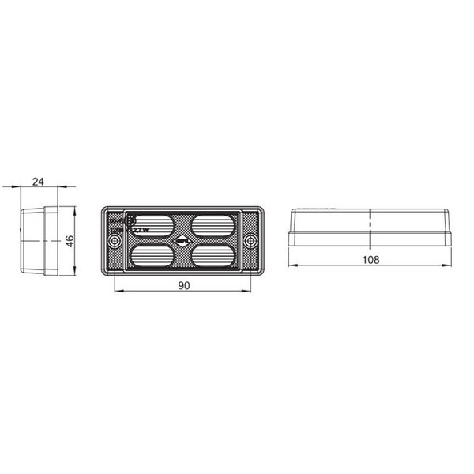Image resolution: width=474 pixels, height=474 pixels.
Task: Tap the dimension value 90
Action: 184,286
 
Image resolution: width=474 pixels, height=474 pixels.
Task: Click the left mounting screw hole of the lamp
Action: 113,241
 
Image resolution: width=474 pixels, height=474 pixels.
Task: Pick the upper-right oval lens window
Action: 213,225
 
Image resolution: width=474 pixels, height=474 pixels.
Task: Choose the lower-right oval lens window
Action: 213,256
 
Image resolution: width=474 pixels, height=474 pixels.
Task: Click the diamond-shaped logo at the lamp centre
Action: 182,241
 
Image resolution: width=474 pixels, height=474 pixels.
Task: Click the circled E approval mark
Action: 130,221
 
